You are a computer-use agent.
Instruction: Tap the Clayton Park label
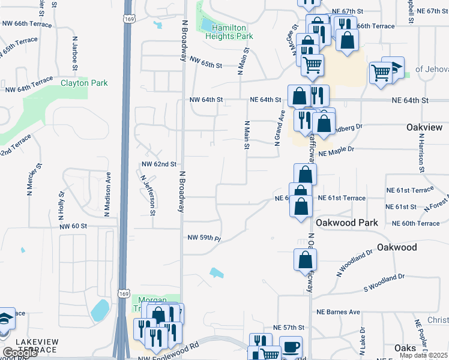pos(84,83)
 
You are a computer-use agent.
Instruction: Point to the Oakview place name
pos(424,128)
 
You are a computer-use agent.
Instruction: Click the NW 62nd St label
pos(159,164)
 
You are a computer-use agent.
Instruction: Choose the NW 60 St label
pos(74,226)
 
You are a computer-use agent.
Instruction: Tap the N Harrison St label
pos(422,153)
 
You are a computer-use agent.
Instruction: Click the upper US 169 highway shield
pos(128,20)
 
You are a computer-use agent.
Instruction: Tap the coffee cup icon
pos(291,347)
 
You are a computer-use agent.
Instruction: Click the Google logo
pos(20,353)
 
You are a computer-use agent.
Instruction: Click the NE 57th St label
pos(289,328)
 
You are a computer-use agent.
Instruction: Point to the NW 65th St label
pos(206,61)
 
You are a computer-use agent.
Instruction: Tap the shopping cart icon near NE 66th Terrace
pos(312,64)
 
